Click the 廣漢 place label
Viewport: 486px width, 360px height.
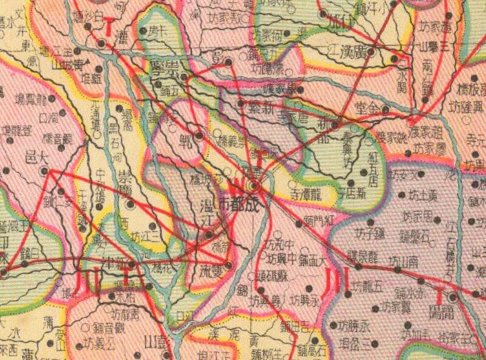click(352, 49)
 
